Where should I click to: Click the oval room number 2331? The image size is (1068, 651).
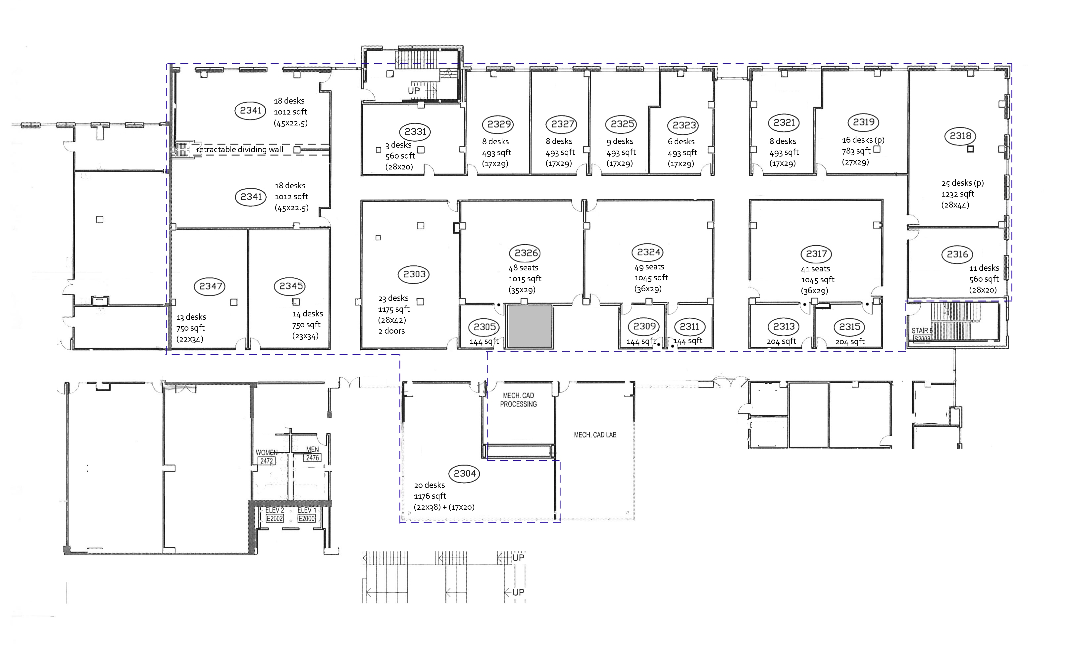point(415,132)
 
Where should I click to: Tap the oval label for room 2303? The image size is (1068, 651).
point(414,274)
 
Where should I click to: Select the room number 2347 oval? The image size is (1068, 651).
point(211,286)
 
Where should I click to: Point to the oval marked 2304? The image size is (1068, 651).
point(465,473)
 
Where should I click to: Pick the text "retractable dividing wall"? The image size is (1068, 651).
point(240,150)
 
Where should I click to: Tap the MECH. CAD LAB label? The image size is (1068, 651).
point(595,435)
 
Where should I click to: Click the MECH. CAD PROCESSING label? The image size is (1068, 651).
point(518,400)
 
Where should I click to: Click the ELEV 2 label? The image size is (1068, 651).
point(275,511)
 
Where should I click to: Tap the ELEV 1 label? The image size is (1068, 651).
point(306,511)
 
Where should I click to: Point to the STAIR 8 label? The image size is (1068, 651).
point(922,331)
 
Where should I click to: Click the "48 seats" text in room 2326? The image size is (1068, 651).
point(523,268)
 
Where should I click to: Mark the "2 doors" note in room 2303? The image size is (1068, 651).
point(391,331)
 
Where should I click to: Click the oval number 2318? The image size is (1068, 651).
point(960,136)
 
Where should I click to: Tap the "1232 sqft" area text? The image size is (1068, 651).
point(958,194)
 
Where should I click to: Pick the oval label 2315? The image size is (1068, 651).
point(849,327)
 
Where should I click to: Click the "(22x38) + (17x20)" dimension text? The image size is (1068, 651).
point(444,507)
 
